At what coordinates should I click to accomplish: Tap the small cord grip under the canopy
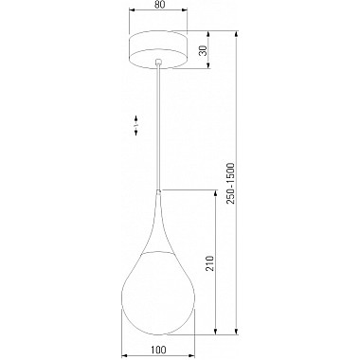tap(158, 65)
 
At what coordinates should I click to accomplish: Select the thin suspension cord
tap(158, 123)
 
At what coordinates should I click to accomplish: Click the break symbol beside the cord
tap(135, 124)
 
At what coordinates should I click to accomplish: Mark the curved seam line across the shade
tap(158, 255)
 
